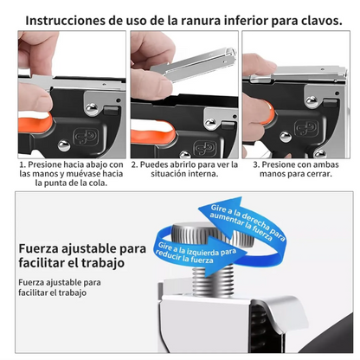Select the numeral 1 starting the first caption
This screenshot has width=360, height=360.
pyautogui.click(x=22, y=163)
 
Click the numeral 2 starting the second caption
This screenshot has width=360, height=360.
pyautogui.click(x=134, y=163)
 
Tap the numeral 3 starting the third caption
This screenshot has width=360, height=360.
pyautogui.click(x=255, y=163)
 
